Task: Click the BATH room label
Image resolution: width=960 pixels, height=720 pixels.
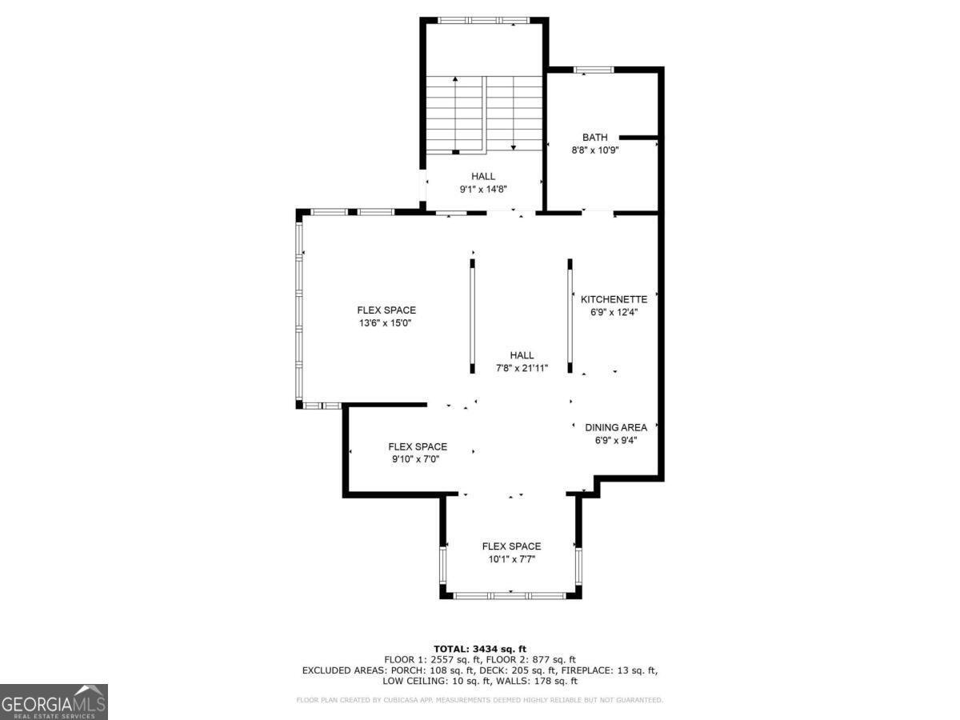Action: click(594, 138)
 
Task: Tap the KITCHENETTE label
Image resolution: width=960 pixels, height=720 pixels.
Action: click(614, 299)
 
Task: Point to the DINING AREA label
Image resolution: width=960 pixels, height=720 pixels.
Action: click(615, 427)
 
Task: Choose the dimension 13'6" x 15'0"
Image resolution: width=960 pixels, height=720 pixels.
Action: click(386, 323)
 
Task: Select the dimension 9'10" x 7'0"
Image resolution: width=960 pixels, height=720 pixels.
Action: click(417, 459)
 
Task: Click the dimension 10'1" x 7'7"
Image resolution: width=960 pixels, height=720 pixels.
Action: click(510, 559)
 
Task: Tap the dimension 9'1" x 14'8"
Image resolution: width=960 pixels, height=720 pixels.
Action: click(482, 190)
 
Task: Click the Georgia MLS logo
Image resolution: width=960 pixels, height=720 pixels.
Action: click(54, 702)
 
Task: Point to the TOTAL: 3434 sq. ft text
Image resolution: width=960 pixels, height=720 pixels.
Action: click(479, 649)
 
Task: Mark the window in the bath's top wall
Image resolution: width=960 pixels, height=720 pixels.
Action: click(594, 70)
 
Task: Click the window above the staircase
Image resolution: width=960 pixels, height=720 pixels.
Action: click(483, 20)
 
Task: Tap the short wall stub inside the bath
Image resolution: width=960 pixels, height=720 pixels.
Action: click(638, 138)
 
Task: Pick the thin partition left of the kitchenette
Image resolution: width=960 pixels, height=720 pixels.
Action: click(570, 315)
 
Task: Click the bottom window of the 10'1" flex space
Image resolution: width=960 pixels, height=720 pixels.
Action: click(510, 594)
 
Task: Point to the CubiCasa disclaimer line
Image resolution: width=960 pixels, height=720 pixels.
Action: click(479, 700)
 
